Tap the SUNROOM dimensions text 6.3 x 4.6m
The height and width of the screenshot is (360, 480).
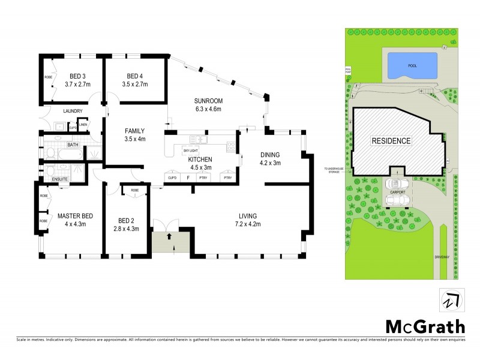click(x=206, y=109)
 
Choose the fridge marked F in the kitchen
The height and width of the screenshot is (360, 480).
click(x=187, y=178)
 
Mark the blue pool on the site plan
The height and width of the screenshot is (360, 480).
click(x=412, y=64)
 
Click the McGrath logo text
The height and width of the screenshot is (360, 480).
click(x=424, y=327)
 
